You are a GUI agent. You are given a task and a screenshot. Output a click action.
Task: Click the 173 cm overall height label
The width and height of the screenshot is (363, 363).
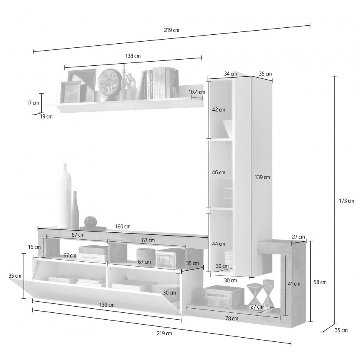[x=347, y=201]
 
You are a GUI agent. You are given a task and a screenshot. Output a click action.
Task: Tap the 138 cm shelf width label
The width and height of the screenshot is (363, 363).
[x=133, y=56]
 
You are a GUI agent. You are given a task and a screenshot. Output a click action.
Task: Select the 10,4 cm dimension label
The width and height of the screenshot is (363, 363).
[x=197, y=92]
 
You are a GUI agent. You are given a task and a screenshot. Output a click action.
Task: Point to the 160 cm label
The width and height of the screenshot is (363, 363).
[x=123, y=226]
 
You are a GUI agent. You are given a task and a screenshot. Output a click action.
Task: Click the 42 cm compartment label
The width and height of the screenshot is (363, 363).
[x=218, y=109]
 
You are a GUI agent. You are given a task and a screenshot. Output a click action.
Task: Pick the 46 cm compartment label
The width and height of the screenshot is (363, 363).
[x=218, y=172]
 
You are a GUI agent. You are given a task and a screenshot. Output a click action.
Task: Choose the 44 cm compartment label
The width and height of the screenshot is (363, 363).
[x=218, y=244]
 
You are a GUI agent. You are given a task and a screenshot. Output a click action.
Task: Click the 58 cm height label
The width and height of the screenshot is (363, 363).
[x=320, y=282]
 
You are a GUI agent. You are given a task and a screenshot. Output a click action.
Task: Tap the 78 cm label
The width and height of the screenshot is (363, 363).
[x=232, y=318]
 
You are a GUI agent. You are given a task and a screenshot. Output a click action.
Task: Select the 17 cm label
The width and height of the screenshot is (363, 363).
[x=33, y=102]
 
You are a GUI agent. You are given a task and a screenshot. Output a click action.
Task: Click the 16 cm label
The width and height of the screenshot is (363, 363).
[x=34, y=247]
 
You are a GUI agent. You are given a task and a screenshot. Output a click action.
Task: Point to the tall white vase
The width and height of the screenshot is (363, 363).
[x=64, y=196]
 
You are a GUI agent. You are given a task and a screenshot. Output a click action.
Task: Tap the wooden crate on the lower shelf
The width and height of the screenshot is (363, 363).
[x=223, y=296]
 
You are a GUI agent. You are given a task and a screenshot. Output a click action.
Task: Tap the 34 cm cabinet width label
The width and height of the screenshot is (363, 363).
[x=230, y=74]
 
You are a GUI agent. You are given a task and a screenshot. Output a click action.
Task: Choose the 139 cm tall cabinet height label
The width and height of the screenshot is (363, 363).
[x=262, y=177]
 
